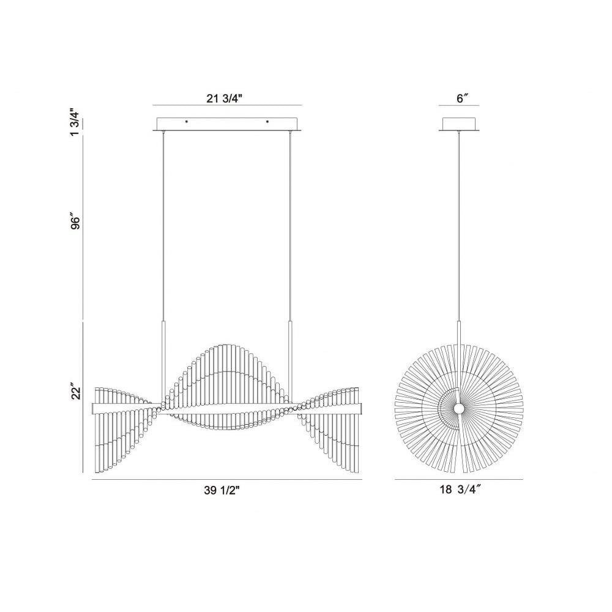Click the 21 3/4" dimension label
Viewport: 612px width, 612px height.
[225, 99]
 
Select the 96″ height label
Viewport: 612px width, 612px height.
[75, 221]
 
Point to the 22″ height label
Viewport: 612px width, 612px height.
[75, 392]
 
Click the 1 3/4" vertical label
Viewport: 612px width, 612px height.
[75, 122]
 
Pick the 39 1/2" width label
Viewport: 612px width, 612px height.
[222, 491]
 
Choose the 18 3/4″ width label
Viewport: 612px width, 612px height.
[460, 490]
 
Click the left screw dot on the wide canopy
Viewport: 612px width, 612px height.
[187, 122]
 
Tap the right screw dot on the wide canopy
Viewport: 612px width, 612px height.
[267, 122]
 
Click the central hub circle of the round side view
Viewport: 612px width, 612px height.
[459, 409]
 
